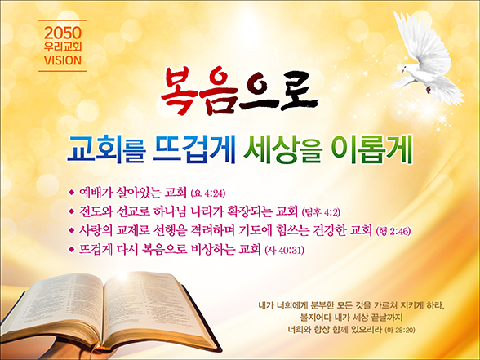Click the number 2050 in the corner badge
(63, 33)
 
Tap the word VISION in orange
(63, 60)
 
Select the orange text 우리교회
(63, 47)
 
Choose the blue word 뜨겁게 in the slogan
(194, 149)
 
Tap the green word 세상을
(282, 149)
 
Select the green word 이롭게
(371, 149)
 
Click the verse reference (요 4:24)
(208, 193)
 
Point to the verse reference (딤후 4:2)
(321, 212)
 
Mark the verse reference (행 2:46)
(393, 231)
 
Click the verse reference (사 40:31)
(284, 251)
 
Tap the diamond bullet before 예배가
(72, 193)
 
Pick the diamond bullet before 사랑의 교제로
(72, 230)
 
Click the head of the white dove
(407, 69)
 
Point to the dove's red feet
(429, 90)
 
